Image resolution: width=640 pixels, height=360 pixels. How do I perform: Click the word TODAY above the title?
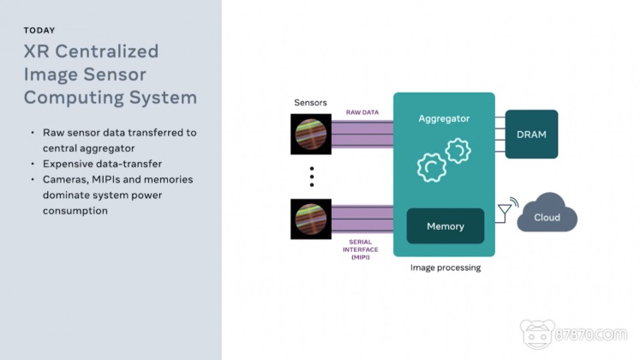[39, 31]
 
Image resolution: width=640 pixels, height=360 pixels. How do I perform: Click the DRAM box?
[531, 135]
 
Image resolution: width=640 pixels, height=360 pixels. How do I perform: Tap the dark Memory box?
[445, 226]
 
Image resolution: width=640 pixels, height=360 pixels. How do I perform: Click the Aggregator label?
[444, 117]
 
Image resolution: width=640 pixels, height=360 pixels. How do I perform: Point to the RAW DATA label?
[363, 112]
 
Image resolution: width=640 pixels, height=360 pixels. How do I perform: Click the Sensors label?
[310, 103]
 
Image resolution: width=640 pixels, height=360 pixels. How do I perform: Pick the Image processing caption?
[445, 267]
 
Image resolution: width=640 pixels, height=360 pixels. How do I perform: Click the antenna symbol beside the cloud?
[505, 210]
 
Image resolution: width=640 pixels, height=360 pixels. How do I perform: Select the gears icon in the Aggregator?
[444, 159]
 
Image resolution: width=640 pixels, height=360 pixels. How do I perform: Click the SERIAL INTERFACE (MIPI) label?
[359, 250]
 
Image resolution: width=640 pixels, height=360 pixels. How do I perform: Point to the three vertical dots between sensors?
[312, 176]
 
